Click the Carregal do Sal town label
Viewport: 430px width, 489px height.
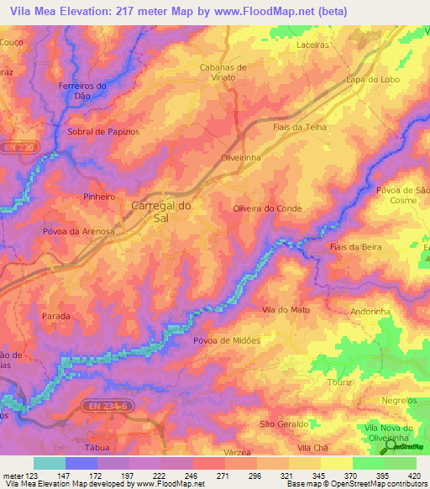pos(162,211)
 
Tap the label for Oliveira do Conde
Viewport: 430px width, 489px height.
pos(266,208)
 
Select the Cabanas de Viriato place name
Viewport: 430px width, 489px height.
pos(223,71)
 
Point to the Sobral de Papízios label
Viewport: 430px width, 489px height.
pos(102,133)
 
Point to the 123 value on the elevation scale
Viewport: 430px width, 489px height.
pos(31,475)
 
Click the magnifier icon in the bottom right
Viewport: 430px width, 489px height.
pos(392,463)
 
